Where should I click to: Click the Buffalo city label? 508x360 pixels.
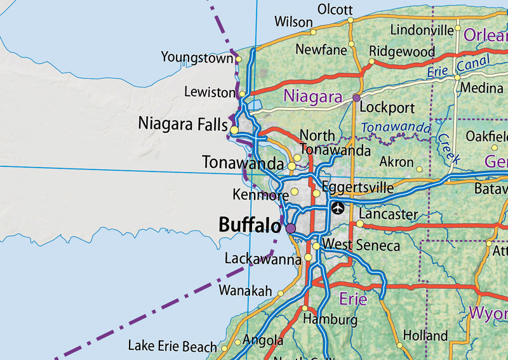pos(250,225)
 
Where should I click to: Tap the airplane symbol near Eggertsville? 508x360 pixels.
pos(337,208)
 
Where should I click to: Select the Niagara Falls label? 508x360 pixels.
pos(183,123)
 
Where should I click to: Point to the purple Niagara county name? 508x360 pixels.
pos(313,97)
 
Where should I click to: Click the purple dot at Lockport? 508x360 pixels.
pos(356,98)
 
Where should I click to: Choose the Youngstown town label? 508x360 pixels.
pos(197,58)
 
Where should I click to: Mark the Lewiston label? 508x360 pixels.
pos(210,93)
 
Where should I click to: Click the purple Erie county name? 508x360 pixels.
pos(353,298)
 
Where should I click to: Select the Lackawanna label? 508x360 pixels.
pos(263,259)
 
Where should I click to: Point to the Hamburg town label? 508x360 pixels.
pos(330,319)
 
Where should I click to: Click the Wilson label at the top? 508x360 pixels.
pos(293,22)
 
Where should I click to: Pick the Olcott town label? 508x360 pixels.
pos(335,10)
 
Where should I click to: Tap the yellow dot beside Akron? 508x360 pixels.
pos(419,169)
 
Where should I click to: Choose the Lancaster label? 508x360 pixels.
pos(388,215)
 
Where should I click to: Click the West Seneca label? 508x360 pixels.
pos(361,245)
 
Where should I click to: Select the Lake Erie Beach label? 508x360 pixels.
pos(172,346)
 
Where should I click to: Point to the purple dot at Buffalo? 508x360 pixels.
pos(291,228)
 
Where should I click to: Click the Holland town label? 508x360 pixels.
pos(425,335)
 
